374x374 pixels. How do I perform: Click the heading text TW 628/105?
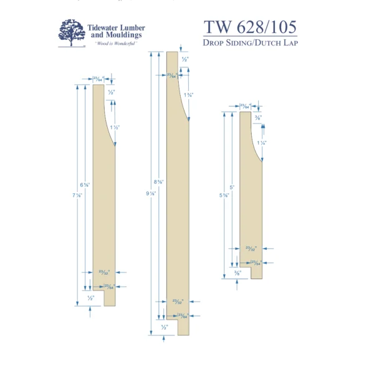[249, 27]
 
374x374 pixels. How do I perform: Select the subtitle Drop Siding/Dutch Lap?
[249, 43]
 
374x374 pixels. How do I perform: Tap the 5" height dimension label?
[232, 187]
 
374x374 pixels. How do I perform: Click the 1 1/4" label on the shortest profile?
[262, 143]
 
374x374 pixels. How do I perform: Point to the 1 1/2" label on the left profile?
[113, 127]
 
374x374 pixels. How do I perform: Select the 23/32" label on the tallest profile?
[178, 302]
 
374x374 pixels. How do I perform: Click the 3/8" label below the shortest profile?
[237, 272]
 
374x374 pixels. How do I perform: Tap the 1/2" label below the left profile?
[91, 299]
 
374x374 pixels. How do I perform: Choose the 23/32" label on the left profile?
[104, 272]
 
